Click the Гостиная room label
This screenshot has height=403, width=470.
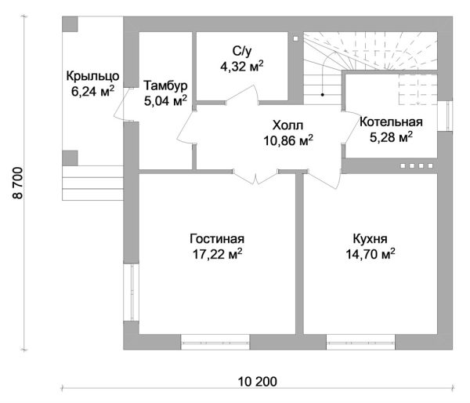(217, 239)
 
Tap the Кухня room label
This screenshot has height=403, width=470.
(371, 239)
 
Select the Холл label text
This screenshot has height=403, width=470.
(287, 125)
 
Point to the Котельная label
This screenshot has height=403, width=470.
(391, 122)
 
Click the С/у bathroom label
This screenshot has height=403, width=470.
(242, 52)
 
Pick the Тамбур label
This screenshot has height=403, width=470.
(165, 85)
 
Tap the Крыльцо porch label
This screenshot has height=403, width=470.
(92, 76)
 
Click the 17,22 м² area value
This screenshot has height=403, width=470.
(217, 254)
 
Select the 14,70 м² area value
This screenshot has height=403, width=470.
(371, 254)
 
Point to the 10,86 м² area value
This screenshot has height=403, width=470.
(288, 140)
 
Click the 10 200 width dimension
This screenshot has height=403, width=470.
(258, 382)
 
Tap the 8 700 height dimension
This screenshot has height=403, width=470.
(18, 183)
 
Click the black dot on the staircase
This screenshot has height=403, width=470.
(323, 95)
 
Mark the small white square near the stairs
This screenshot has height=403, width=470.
(296, 38)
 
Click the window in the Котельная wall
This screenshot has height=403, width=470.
(445, 115)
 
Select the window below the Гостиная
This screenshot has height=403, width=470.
(215, 342)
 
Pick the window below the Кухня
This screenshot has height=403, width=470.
(360, 342)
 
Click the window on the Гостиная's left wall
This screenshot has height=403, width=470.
(132, 292)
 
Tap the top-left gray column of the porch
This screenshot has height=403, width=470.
(70, 24)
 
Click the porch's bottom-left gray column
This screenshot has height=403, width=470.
(70, 158)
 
